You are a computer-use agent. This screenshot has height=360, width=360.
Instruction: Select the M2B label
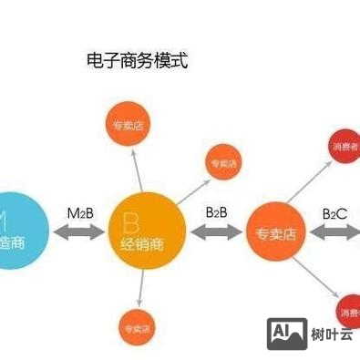coord(79,212)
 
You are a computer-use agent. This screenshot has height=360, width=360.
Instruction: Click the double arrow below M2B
coord(79,232)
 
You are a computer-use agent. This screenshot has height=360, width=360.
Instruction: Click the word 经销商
coord(144,244)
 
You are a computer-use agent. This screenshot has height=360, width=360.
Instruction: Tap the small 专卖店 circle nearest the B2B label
coord(223,163)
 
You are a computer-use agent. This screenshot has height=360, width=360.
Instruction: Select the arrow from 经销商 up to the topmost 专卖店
coord(134,169)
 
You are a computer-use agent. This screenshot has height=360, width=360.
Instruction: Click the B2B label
coord(216,211)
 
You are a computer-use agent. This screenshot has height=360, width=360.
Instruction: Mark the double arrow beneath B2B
coord(216,232)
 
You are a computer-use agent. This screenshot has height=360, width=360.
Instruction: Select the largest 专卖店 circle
coord(275,233)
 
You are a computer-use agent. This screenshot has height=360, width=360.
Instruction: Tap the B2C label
coord(334,213)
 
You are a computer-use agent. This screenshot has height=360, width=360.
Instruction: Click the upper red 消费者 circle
coord(345,147)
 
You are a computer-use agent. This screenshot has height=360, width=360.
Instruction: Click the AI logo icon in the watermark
coord(286,334)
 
